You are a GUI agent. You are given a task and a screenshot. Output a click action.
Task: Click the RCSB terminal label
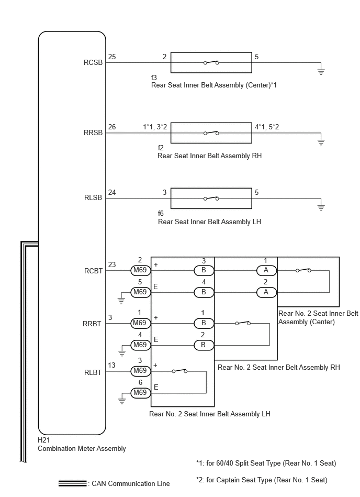(93, 62)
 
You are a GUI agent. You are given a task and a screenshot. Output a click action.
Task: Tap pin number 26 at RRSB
(112, 127)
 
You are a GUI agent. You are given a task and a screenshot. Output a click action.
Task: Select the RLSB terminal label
(93, 197)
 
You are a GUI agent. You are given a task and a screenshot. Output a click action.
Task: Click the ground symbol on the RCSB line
(321, 71)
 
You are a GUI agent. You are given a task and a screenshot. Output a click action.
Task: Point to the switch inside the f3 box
(211, 62)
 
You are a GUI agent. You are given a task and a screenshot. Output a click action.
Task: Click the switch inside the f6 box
(211, 198)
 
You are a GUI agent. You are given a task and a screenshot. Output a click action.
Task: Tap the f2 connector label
(161, 148)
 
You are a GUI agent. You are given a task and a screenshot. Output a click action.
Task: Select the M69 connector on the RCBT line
(140, 270)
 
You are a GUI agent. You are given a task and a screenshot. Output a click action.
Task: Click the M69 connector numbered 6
(140, 393)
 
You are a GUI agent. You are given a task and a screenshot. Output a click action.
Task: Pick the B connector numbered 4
(204, 292)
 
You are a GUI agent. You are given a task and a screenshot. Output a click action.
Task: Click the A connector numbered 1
(266, 270)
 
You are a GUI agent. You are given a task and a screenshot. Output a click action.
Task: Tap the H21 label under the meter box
(44, 440)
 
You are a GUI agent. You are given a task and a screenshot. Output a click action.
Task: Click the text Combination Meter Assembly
(82, 448)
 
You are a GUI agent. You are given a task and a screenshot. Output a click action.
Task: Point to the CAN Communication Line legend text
(131, 484)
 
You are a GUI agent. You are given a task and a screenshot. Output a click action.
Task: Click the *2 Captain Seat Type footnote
(262, 480)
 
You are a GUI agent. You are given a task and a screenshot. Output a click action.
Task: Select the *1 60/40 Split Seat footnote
(266, 463)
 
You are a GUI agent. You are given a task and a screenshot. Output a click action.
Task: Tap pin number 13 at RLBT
(111, 365)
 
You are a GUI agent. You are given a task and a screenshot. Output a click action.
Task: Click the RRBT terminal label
(92, 324)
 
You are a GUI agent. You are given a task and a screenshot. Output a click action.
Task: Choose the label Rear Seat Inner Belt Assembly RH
(210, 156)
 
